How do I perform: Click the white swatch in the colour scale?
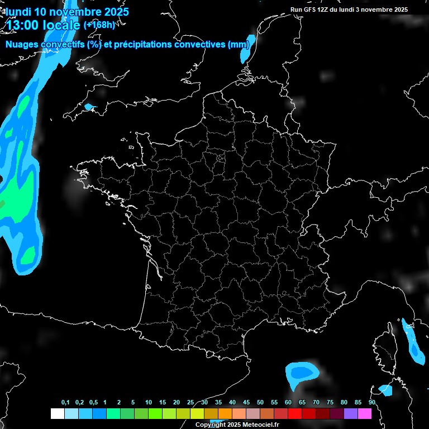(57, 413)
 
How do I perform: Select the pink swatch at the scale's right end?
(365, 413)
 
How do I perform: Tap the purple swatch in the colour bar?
(351, 413)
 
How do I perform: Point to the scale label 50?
(260, 403)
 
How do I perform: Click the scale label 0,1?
(65, 403)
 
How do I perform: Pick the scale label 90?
(372, 403)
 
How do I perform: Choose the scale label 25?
(190, 403)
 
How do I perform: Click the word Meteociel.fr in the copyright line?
(261, 425)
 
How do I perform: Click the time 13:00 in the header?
(27, 25)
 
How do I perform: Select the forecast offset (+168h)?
(99, 25)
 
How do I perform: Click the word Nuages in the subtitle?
(21, 45)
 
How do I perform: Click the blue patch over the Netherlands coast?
(247, 48)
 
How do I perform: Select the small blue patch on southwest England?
(90, 107)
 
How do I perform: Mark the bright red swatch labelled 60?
(295, 413)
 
